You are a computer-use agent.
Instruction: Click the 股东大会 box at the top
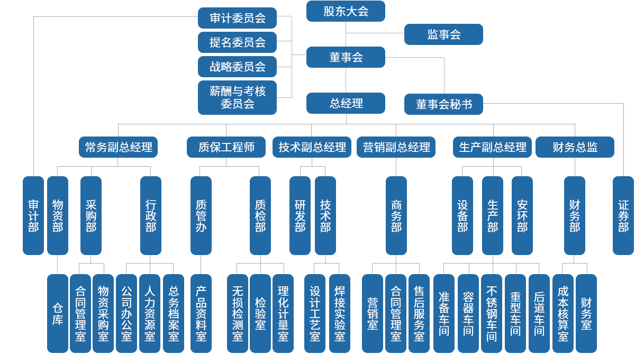346,11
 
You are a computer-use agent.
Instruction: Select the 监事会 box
443,34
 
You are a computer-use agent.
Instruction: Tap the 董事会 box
346,57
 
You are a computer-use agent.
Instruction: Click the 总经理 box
346,103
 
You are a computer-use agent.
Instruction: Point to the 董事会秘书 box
443,104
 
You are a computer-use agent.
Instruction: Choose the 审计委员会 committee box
237,18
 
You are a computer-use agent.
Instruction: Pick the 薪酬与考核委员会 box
237,97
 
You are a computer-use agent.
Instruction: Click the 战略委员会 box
237,67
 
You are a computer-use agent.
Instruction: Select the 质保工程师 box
226,147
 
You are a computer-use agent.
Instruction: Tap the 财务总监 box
575,147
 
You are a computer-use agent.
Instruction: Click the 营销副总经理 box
396,147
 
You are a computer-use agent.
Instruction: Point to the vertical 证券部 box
623,215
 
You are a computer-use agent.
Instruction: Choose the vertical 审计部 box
33,215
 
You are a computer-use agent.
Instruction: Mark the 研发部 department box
300,215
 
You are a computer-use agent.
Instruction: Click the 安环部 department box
522,215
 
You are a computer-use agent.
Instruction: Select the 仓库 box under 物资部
58,313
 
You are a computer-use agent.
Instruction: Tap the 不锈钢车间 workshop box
492,313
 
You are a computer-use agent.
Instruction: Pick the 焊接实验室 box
340,313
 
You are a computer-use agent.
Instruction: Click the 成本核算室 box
563,313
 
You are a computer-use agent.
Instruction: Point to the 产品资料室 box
201,313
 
